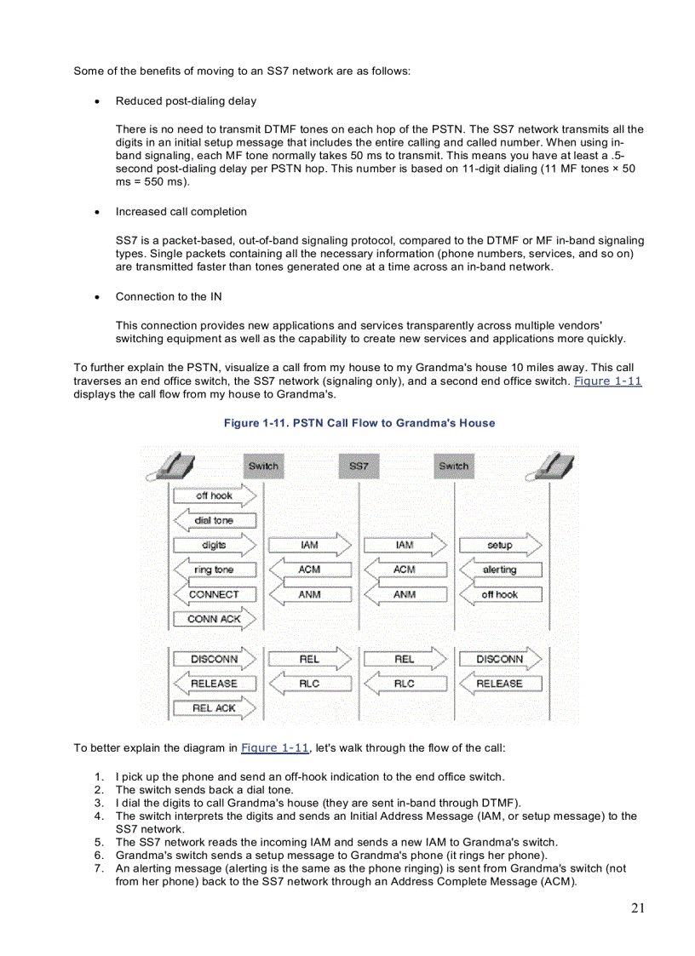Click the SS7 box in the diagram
point(359,466)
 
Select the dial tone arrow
point(214,520)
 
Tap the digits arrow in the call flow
point(215,545)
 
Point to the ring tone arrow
point(214,570)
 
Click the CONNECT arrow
point(214,594)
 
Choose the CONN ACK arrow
point(215,619)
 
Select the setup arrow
point(500,545)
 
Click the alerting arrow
point(500,570)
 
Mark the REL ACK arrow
point(215,707)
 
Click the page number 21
point(638,908)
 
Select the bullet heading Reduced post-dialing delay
point(186,101)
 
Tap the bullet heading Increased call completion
point(181,212)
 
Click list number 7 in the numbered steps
point(99,868)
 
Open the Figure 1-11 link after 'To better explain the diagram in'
point(274,747)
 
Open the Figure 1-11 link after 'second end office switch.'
point(607,381)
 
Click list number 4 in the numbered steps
point(99,816)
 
